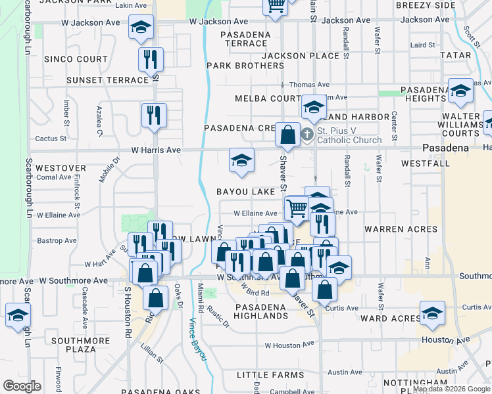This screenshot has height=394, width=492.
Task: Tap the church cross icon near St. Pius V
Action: pos(307,135)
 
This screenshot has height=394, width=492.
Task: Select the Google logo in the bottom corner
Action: pos(22,386)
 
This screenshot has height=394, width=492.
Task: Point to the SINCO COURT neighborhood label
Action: pos(76,59)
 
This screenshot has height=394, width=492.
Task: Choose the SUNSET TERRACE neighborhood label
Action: pos(108,80)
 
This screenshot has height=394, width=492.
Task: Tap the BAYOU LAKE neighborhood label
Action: pos(246,192)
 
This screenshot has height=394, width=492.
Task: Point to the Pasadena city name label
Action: pos(445,148)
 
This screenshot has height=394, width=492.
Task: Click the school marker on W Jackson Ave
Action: pos(141,26)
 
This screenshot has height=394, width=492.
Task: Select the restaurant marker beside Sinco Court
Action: pos(151,59)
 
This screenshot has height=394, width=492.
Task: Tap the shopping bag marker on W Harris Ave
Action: pos(287,135)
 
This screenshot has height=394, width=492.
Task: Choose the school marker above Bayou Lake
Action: pos(241,160)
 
